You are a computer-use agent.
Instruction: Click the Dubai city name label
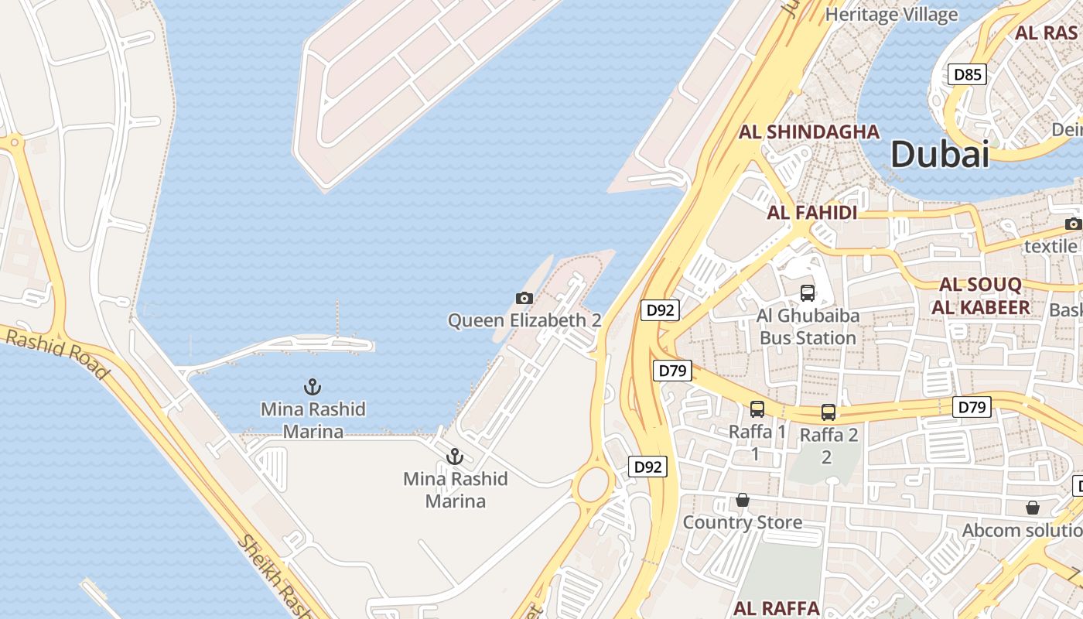coord(940,154)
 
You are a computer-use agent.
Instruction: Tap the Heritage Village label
coord(891,14)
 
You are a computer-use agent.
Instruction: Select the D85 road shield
coord(968,74)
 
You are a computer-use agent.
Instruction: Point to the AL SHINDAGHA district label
coord(809,132)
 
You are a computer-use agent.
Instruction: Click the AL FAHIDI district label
coord(812,213)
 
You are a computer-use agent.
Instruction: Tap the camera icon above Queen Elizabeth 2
coord(524,298)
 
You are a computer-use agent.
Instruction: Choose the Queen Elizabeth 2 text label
coord(524,320)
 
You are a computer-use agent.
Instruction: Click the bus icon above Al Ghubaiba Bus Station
coord(808,292)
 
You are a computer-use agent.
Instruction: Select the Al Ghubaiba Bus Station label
coord(808,327)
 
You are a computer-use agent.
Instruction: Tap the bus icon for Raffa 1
coord(757,409)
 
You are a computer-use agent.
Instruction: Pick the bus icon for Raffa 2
coord(828,412)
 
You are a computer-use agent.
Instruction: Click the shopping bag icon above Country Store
coord(743,500)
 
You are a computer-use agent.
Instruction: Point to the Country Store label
coord(743,522)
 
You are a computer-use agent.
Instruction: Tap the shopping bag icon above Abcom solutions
coord(1033,508)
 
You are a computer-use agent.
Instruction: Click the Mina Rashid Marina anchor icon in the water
coord(313,386)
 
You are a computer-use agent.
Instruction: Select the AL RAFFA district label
coord(776,607)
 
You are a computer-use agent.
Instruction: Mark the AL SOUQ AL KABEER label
coord(981,296)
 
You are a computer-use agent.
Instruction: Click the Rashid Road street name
coord(58,353)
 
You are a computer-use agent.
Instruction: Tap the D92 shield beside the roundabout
coord(647,467)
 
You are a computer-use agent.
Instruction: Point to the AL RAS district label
coord(1046,32)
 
